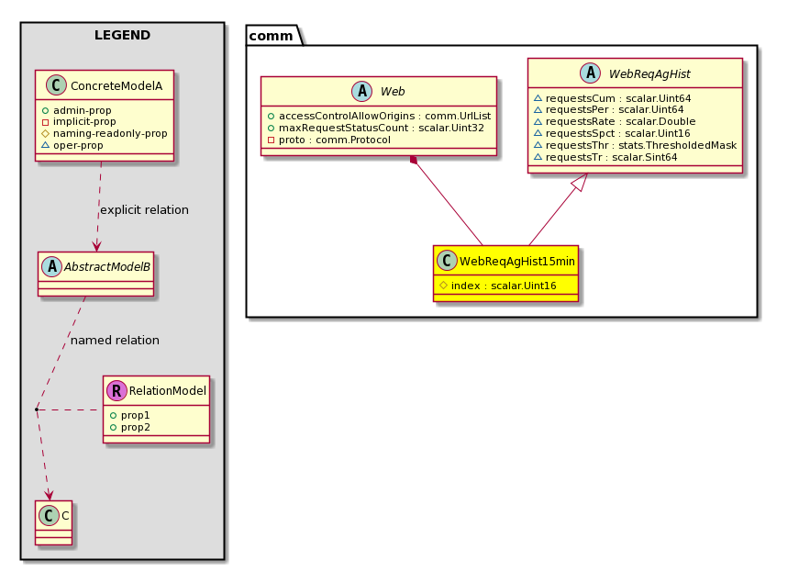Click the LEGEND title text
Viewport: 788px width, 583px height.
tap(122, 35)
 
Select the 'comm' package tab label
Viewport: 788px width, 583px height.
tap(271, 36)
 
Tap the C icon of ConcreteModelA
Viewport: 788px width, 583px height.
tap(56, 85)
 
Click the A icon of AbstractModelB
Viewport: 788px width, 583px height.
tap(51, 266)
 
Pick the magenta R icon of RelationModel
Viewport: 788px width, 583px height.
tap(117, 390)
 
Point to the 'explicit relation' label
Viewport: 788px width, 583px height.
tap(144, 210)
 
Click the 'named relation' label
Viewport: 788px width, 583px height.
tap(115, 341)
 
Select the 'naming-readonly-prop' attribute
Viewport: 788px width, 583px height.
tap(110, 133)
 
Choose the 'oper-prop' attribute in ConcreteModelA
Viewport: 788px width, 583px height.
tap(78, 145)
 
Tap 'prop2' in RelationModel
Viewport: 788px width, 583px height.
tap(135, 427)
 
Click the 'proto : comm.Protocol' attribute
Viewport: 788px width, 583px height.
tap(334, 140)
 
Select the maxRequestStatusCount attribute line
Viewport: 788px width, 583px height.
tap(381, 128)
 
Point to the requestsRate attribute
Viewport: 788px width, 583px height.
tap(620, 121)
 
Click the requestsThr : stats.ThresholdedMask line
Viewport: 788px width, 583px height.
tap(640, 145)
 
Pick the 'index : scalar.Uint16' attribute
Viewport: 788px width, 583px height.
tap(504, 286)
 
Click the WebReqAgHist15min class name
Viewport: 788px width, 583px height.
tap(516, 261)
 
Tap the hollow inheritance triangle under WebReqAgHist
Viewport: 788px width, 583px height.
tap(580, 182)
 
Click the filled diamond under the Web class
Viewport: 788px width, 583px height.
tap(414, 160)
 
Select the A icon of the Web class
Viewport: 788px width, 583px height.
tap(361, 91)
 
